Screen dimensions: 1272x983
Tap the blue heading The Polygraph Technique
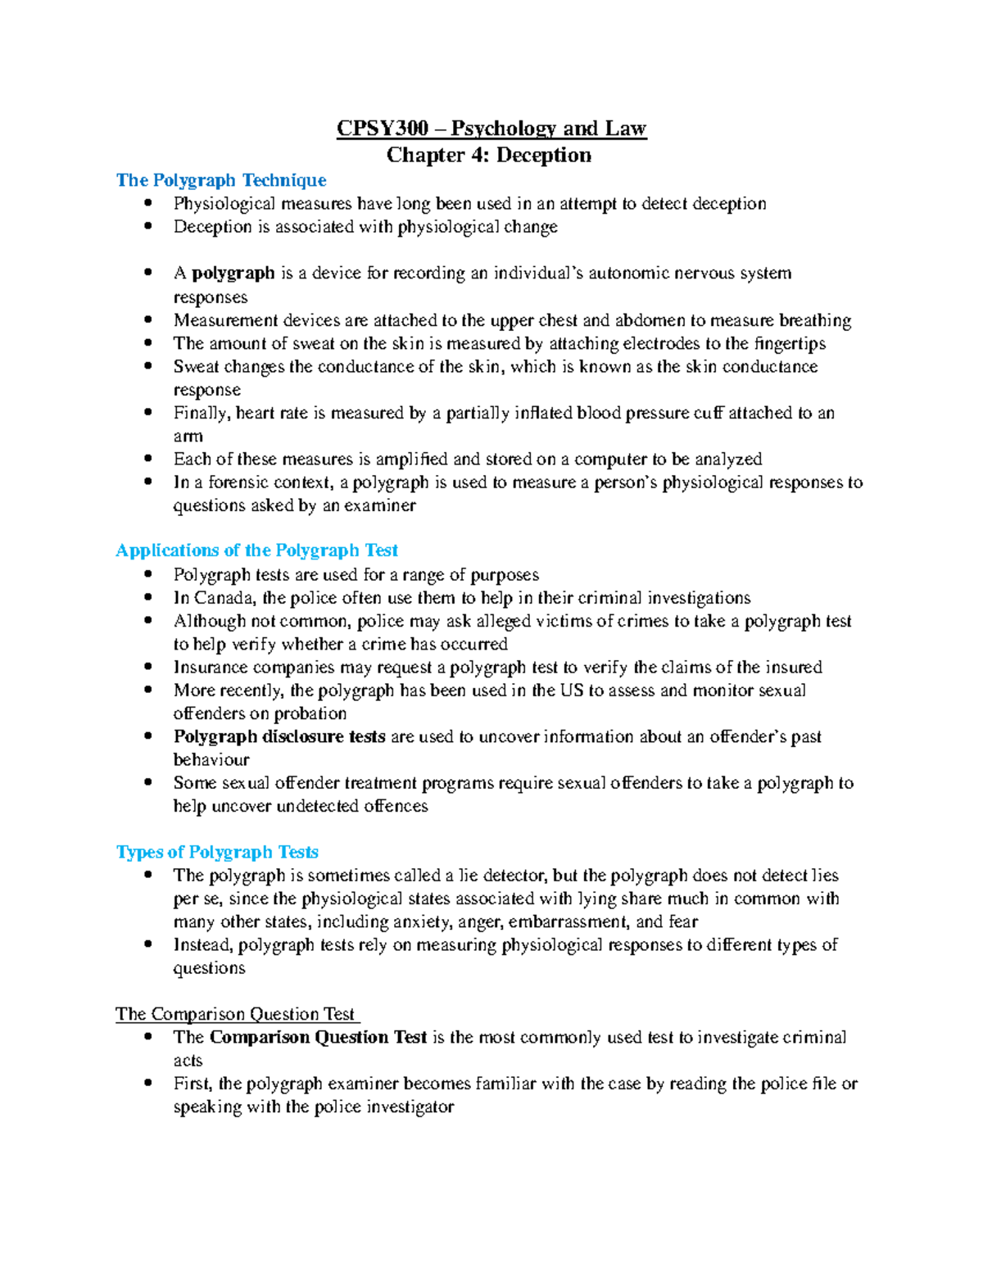point(221,180)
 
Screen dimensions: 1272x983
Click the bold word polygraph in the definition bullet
point(233,274)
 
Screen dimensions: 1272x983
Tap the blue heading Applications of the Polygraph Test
point(256,550)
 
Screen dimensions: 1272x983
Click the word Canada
point(225,598)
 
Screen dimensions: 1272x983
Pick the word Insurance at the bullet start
point(211,668)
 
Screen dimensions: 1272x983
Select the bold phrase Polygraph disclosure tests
point(279,736)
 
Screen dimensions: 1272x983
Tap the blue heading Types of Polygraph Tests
point(217,853)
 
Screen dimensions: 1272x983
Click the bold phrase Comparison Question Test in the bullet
point(318,1038)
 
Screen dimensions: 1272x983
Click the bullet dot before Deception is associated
point(147,227)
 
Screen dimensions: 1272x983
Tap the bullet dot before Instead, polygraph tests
point(147,944)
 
